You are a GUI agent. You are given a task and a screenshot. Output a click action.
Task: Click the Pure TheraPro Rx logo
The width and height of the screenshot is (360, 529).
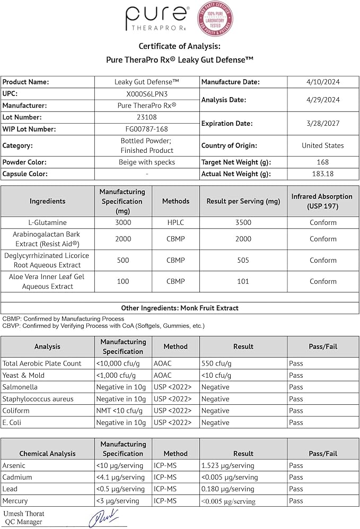tap(157, 19)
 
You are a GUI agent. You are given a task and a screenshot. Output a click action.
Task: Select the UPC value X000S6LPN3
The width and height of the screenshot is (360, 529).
tap(147, 93)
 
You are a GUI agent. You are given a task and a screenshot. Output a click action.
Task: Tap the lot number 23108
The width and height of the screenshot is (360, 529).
tap(147, 117)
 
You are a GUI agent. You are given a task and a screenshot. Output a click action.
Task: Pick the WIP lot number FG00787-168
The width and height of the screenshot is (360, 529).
tap(147, 129)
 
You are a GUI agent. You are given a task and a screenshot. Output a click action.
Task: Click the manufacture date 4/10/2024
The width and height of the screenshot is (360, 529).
tap(323, 82)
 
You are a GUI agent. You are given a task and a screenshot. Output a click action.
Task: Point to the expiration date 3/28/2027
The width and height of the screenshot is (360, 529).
tap(323, 123)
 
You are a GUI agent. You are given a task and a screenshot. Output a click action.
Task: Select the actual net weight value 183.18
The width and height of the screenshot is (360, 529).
tap(323, 174)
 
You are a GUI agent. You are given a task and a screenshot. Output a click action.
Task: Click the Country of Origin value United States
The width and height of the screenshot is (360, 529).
tap(323, 145)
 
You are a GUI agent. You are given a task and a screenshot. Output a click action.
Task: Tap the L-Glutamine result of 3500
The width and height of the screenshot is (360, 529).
tap(243, 222)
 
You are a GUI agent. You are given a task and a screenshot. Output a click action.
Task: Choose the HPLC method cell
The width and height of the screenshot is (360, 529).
tap(175, 222)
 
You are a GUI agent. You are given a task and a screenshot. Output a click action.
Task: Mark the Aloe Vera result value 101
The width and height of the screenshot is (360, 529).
tap(243, 281)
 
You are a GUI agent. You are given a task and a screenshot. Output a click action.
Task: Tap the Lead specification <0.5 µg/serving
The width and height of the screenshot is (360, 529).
tap(120, 489)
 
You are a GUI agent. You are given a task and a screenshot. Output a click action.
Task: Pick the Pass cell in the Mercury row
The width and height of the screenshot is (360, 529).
tap(296, 500)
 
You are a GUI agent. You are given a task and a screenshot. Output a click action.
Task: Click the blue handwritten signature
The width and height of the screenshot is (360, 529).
tap(103, 517)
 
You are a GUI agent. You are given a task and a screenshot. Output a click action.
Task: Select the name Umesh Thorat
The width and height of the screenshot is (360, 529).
tap(24, 514)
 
